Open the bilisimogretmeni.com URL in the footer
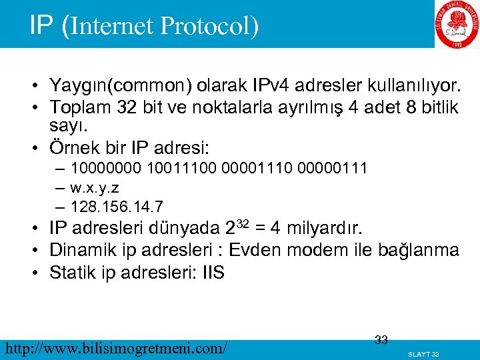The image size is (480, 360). point(115,347)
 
